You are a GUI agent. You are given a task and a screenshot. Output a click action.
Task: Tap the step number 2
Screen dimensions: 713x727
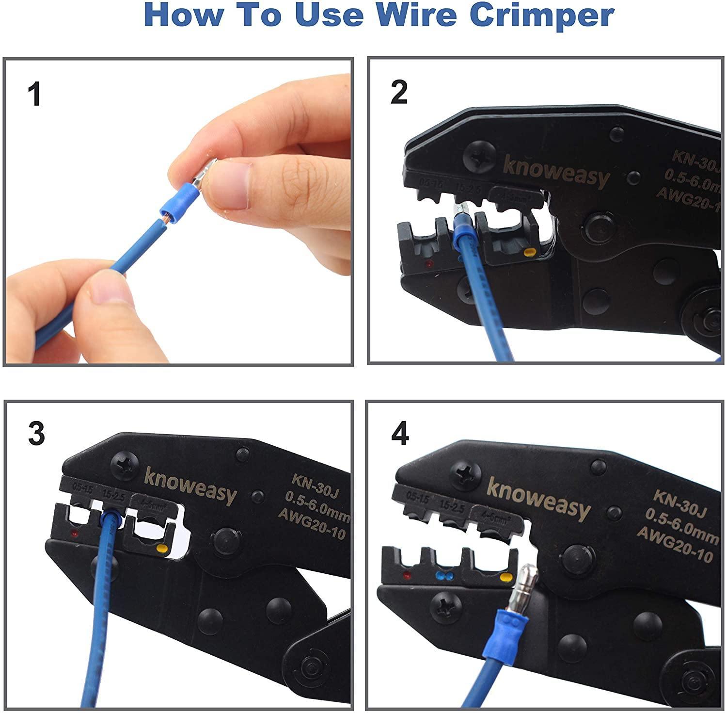399,92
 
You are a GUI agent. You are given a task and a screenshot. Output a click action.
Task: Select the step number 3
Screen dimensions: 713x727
36,433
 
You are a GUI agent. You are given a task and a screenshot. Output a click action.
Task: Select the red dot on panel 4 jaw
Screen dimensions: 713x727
407,576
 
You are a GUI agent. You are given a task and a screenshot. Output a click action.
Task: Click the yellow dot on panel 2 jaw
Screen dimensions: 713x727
529,253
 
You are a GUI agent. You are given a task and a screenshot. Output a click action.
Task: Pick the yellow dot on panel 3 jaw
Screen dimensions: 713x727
162,550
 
